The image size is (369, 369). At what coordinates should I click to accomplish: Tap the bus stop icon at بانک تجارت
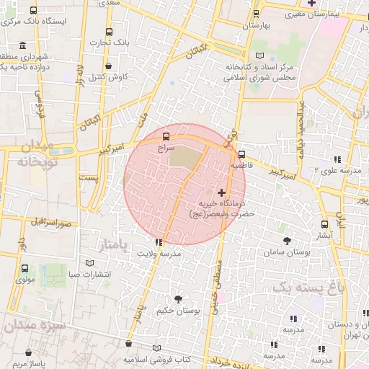pos(109,32)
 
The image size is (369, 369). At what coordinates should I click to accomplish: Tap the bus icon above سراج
pos(166,135)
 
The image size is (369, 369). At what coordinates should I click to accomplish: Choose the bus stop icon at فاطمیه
pos(241,154)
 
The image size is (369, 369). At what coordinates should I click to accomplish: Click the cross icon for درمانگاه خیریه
pos(221,192)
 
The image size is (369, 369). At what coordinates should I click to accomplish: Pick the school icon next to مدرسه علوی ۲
pos(335,159)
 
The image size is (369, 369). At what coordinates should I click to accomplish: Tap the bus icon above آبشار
pos(324,224)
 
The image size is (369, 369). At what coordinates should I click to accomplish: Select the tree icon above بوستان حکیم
pos(177,298)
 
